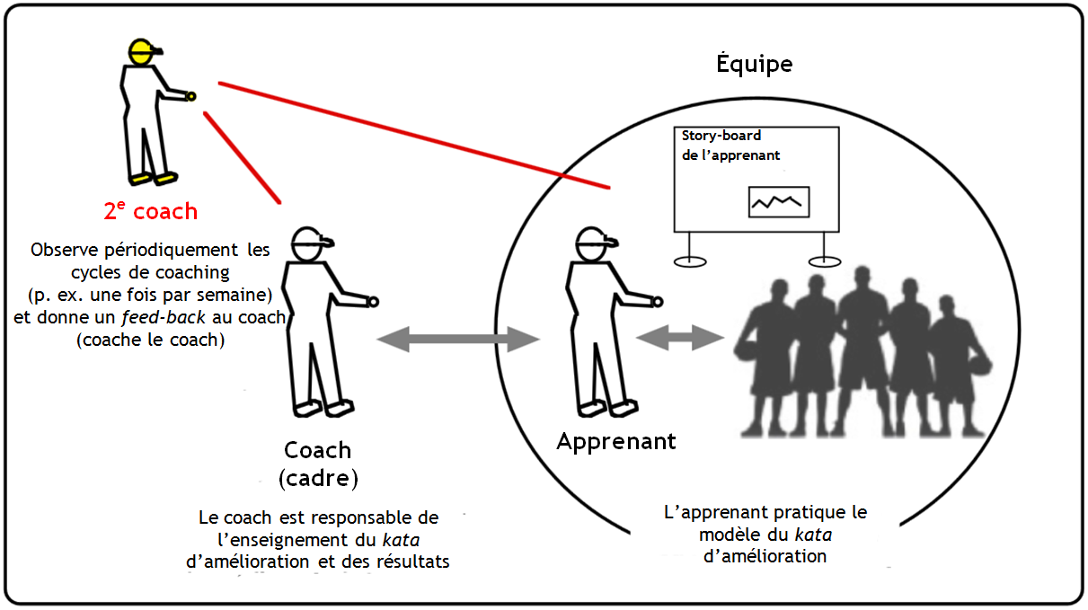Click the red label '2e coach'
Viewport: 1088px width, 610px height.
(150, 211)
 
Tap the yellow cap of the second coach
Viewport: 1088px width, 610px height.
(141, 49)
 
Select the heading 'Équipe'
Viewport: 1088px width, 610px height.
(754, 64)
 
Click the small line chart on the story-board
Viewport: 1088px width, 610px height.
(779, 202)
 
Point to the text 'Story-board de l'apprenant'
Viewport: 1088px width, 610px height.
(730, 146)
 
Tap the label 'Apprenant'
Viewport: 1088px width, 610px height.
(616, 441)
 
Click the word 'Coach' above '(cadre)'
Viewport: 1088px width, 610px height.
(318, 449)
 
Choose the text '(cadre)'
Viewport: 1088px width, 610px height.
(318, 477)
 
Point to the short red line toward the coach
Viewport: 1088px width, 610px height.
(243, 158)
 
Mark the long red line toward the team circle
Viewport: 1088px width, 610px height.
(413, 136)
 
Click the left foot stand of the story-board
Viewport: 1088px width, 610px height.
(689, 261)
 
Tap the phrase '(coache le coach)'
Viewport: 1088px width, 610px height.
(149, 340)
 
